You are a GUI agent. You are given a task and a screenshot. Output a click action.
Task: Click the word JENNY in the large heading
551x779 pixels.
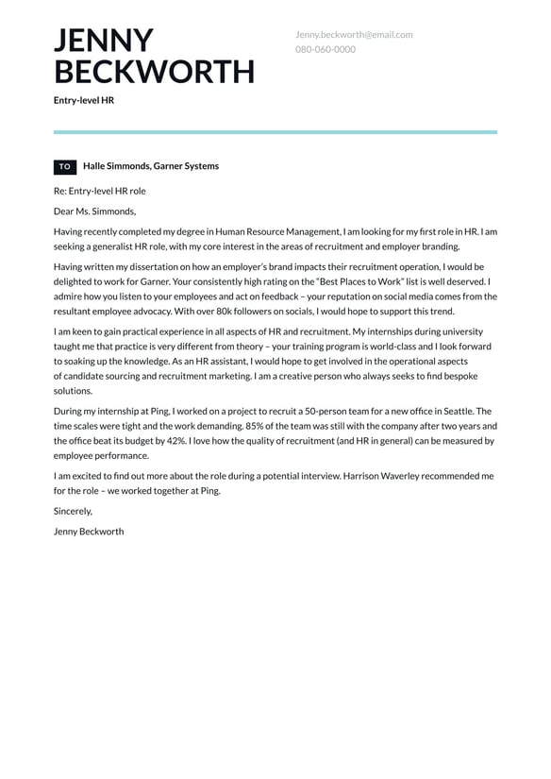pos(103,41)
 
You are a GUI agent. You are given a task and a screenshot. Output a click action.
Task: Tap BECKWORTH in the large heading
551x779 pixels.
pos(154,72)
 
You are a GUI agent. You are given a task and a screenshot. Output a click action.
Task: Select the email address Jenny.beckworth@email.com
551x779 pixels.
pos(354,35)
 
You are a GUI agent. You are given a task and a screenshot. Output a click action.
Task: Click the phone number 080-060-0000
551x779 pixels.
pos(325,49)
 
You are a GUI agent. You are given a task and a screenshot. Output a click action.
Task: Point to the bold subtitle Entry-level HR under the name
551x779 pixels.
pos(83,99)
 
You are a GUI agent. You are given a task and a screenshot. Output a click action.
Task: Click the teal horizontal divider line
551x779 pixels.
pos(275,132)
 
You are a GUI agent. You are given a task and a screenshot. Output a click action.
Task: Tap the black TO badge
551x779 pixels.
pos(65,167)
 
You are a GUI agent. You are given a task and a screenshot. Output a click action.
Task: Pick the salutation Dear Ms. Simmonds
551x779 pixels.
pos(94,212)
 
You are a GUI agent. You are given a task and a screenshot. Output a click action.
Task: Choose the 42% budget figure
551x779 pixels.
pos(156,441)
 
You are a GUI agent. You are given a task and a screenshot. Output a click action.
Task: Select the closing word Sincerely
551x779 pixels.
pos(73,511)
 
